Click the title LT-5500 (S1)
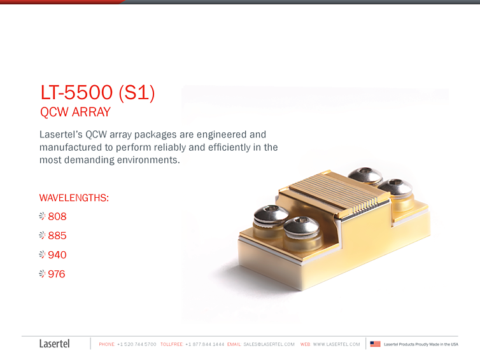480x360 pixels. click(x=97, y=93)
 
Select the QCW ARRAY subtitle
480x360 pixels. click(x=75, y=113)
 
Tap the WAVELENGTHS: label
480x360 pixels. click(x=74, y=198)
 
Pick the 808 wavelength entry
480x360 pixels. click(x=57, y=216)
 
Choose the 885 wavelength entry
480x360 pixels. click(x=57, y=235)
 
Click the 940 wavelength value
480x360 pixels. click(x=57, y=255)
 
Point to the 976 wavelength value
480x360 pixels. click(x=57, y=274)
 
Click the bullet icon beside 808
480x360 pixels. click(x=42, y=216)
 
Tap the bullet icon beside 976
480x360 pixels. click(x=42, y=274)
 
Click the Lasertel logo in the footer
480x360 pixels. click(x=54, y=343)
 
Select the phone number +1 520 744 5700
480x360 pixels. click(x=137, y=344)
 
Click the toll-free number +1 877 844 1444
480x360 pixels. click(x=204, y=344)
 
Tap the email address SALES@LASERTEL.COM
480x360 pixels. click(x=269, y=344)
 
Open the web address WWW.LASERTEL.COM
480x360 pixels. click(x=336, y=344)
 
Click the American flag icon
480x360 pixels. click(x=375, y=344)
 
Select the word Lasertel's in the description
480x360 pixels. click(x=60, y=135)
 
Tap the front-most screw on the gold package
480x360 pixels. click(x=300, y=228)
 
